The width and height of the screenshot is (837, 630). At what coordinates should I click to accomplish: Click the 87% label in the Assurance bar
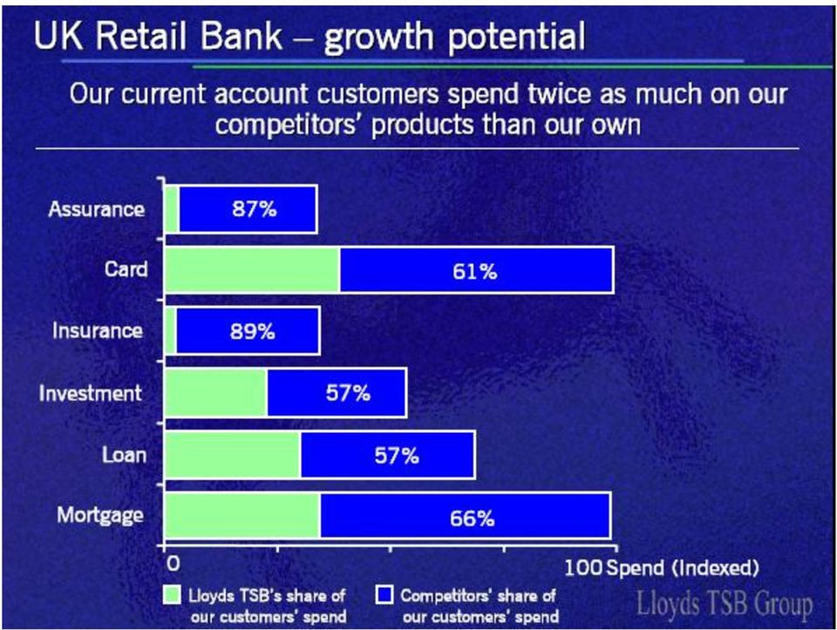click(254, 208)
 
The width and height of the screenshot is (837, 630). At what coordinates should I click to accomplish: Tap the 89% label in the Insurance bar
click(253, 331)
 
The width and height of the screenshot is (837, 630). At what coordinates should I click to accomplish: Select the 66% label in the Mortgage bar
click(472, 518)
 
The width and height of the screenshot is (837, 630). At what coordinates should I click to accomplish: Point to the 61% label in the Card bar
click(474, 272)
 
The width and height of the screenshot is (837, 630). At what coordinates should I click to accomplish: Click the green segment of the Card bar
click(253, 269)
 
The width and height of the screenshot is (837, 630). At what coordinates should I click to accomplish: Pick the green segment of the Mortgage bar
click(243, 515)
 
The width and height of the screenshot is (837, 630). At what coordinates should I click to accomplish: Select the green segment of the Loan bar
click(234, 455)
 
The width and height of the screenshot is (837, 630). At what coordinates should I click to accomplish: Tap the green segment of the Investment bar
click(216, 393)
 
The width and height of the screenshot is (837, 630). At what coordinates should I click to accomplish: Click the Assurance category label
click(96, 209)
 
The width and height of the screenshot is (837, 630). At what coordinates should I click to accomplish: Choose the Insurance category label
click(97, 331)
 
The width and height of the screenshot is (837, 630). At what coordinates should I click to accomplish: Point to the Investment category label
click(90, 393)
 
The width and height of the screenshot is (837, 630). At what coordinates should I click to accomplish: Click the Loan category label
click(124, 455)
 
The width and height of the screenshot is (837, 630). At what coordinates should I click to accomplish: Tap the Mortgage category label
click(100, 516)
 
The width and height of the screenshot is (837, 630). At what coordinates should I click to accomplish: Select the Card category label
click(126, 269)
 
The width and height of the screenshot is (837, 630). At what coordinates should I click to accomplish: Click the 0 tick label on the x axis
click(174, 564)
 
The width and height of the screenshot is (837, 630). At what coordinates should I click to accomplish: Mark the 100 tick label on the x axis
click(584, 567)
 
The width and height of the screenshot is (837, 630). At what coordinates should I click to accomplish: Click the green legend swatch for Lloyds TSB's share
click(172, 595)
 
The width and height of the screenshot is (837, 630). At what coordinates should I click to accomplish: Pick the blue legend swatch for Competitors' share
click(384, 595)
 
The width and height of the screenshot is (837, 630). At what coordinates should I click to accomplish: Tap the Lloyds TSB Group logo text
click(725, 605)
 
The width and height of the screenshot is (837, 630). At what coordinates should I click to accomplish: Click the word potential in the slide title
click(516, 37)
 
